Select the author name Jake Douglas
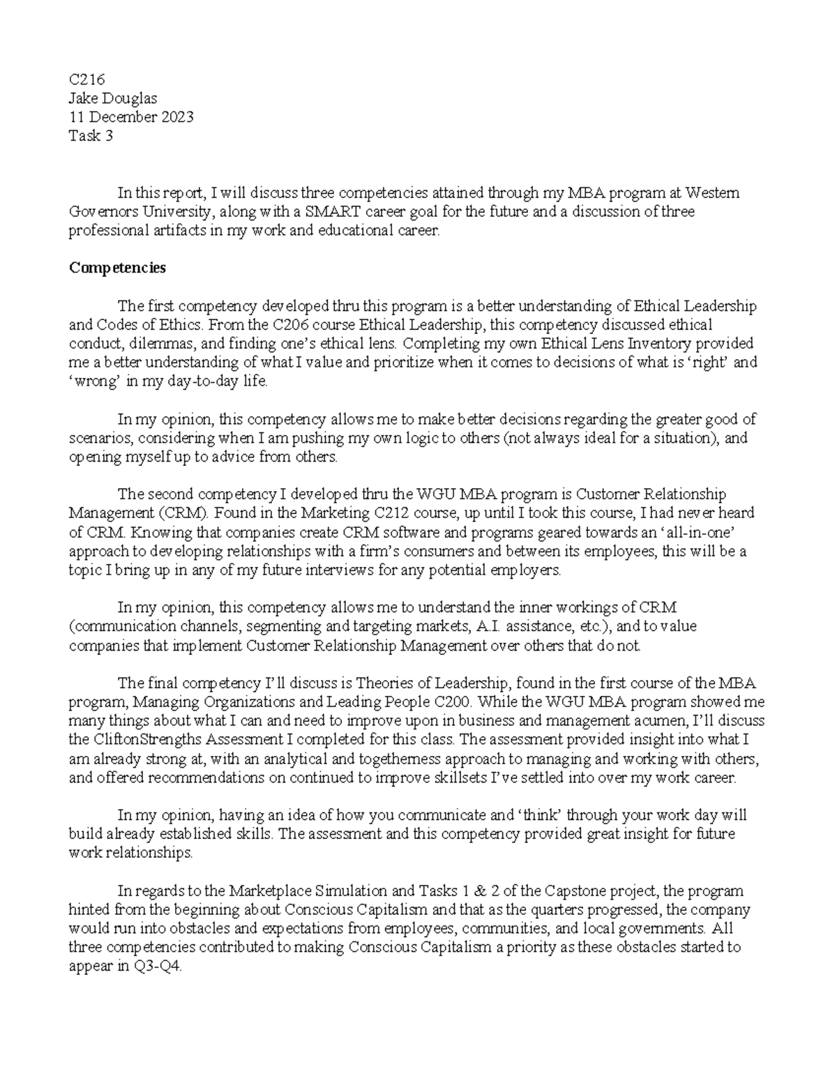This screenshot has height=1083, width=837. (x=112, y=99)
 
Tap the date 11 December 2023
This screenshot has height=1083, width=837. (x=130, y=117)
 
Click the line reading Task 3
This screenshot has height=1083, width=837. (x=90, y=136)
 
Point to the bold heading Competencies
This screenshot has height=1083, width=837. (x=116, y=268)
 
